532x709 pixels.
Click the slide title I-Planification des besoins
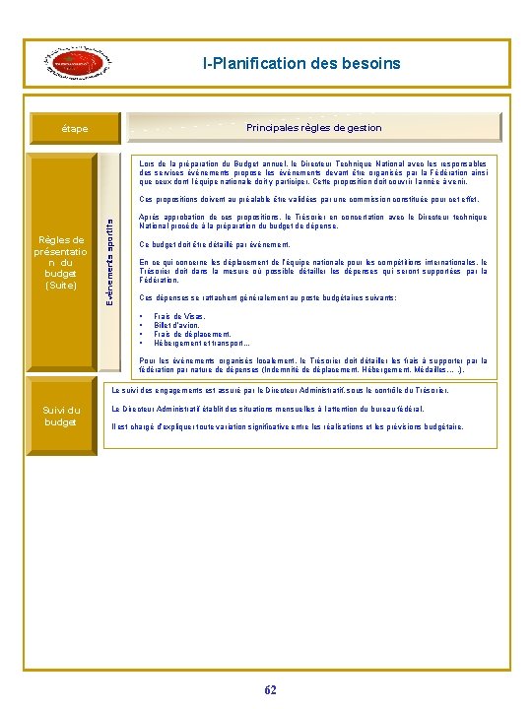pos(301,64)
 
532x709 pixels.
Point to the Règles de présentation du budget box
pos(60,261)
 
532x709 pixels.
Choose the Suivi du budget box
pos(60,416)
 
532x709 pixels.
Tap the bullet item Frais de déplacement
pos(192,335)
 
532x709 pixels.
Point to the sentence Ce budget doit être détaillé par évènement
pos(215,244)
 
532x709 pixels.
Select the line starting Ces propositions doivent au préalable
pos(308,199)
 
